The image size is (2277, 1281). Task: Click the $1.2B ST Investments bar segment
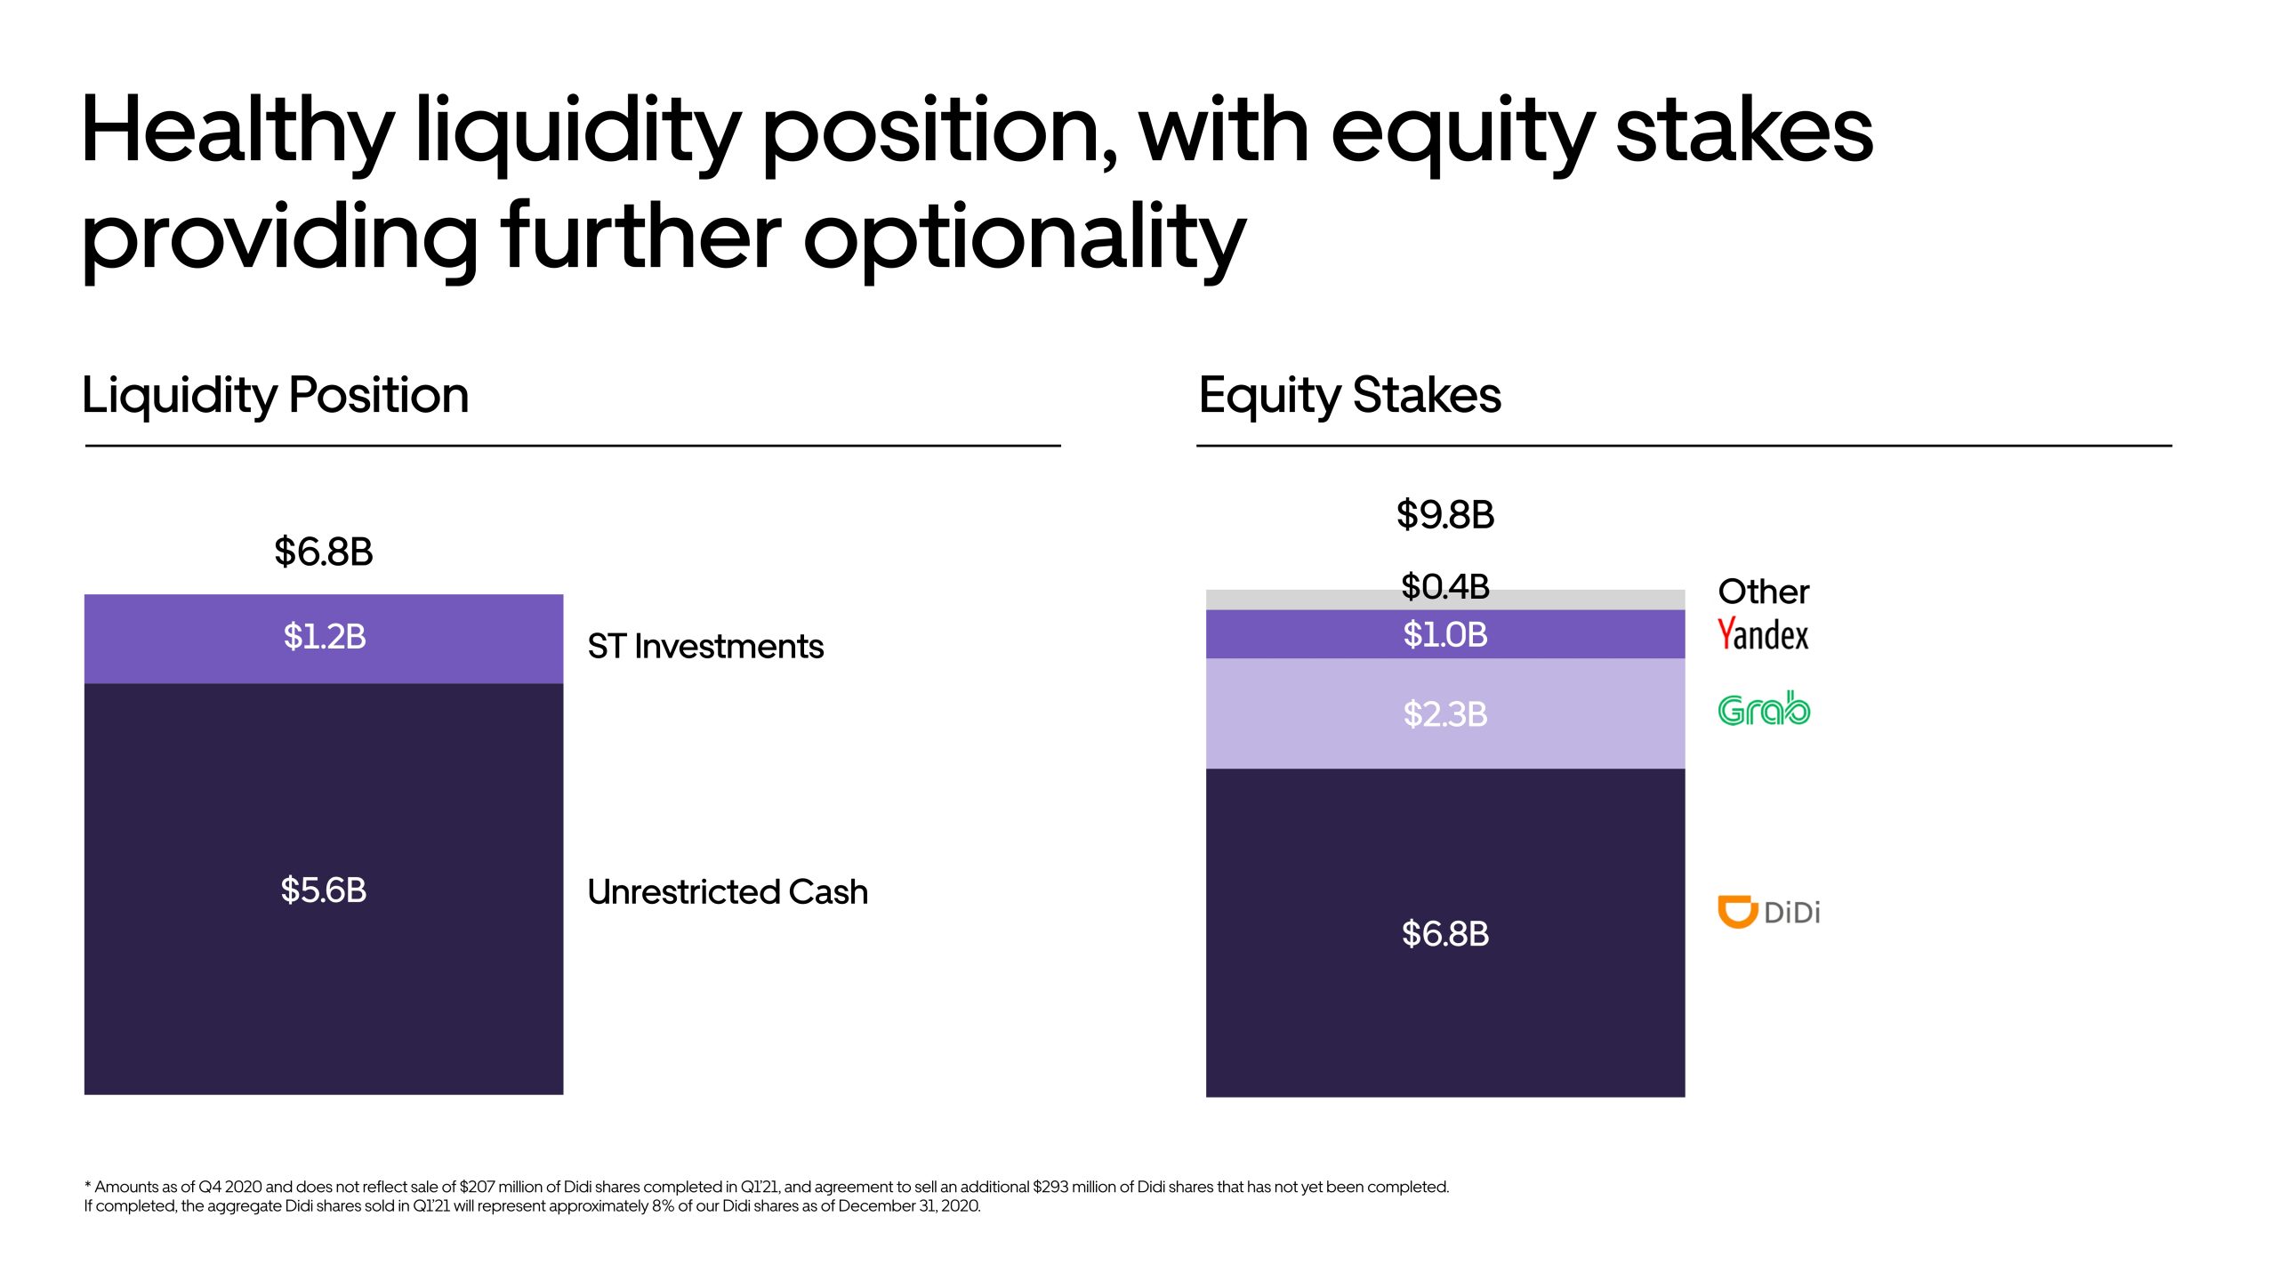click(x=324, y=639)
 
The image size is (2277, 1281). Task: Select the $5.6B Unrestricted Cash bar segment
click(x=324, y=889)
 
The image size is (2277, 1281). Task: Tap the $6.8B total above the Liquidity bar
click(x=324, y=552)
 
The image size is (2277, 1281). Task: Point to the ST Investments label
click(x=705, y=646)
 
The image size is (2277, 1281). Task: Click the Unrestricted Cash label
click(x=728, y=891)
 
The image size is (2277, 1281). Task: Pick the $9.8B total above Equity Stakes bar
click(x=1445, y=514)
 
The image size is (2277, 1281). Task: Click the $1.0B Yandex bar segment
click(x=1445, y=634)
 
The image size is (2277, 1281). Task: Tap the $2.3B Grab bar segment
click(x=1445, y=713)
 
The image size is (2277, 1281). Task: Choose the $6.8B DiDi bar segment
click(x=1445, y=933)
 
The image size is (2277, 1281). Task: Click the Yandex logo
click(x=1763, y=634)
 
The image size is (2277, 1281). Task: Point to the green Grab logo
click(x=1764, y=709)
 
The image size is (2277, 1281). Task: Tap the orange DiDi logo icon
click(x=1737, y=912)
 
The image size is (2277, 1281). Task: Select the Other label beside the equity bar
click(x=1763, y=592)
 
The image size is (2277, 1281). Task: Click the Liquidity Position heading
click(x=276, y=396)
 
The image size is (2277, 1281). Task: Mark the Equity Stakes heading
click(x=1349, y=396)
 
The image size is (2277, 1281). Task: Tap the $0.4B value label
click(x=1445, y=586)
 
